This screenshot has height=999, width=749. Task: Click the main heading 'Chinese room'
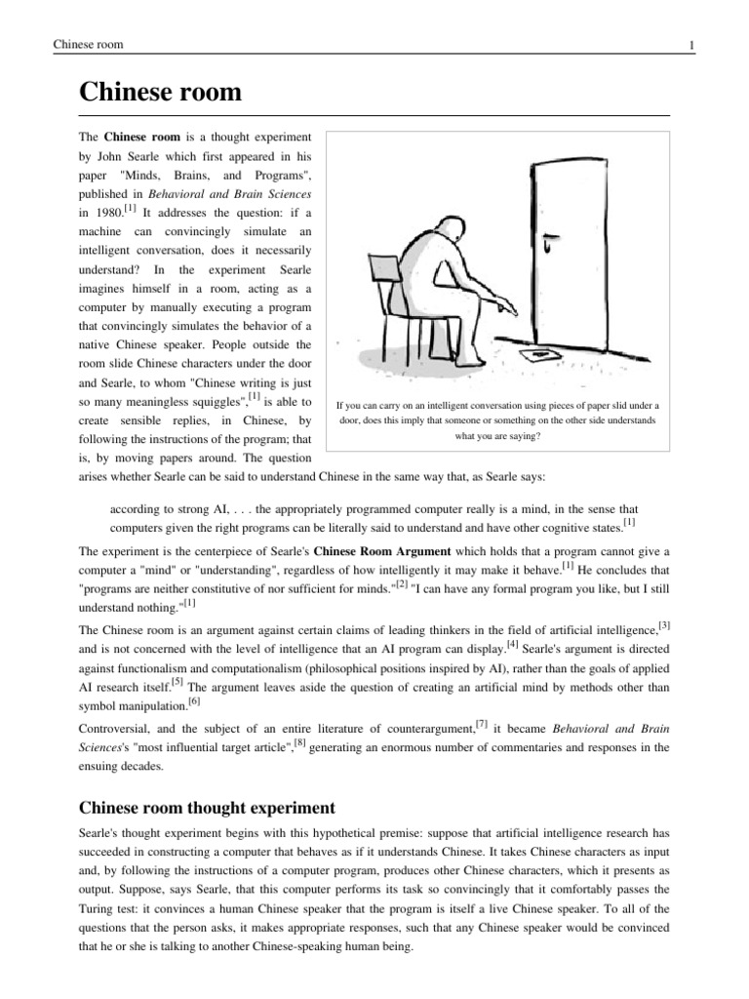[159, 94]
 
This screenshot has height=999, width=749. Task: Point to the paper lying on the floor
[538, 356]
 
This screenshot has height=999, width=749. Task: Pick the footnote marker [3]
[664, 624]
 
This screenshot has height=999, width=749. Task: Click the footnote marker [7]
[481, 724]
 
